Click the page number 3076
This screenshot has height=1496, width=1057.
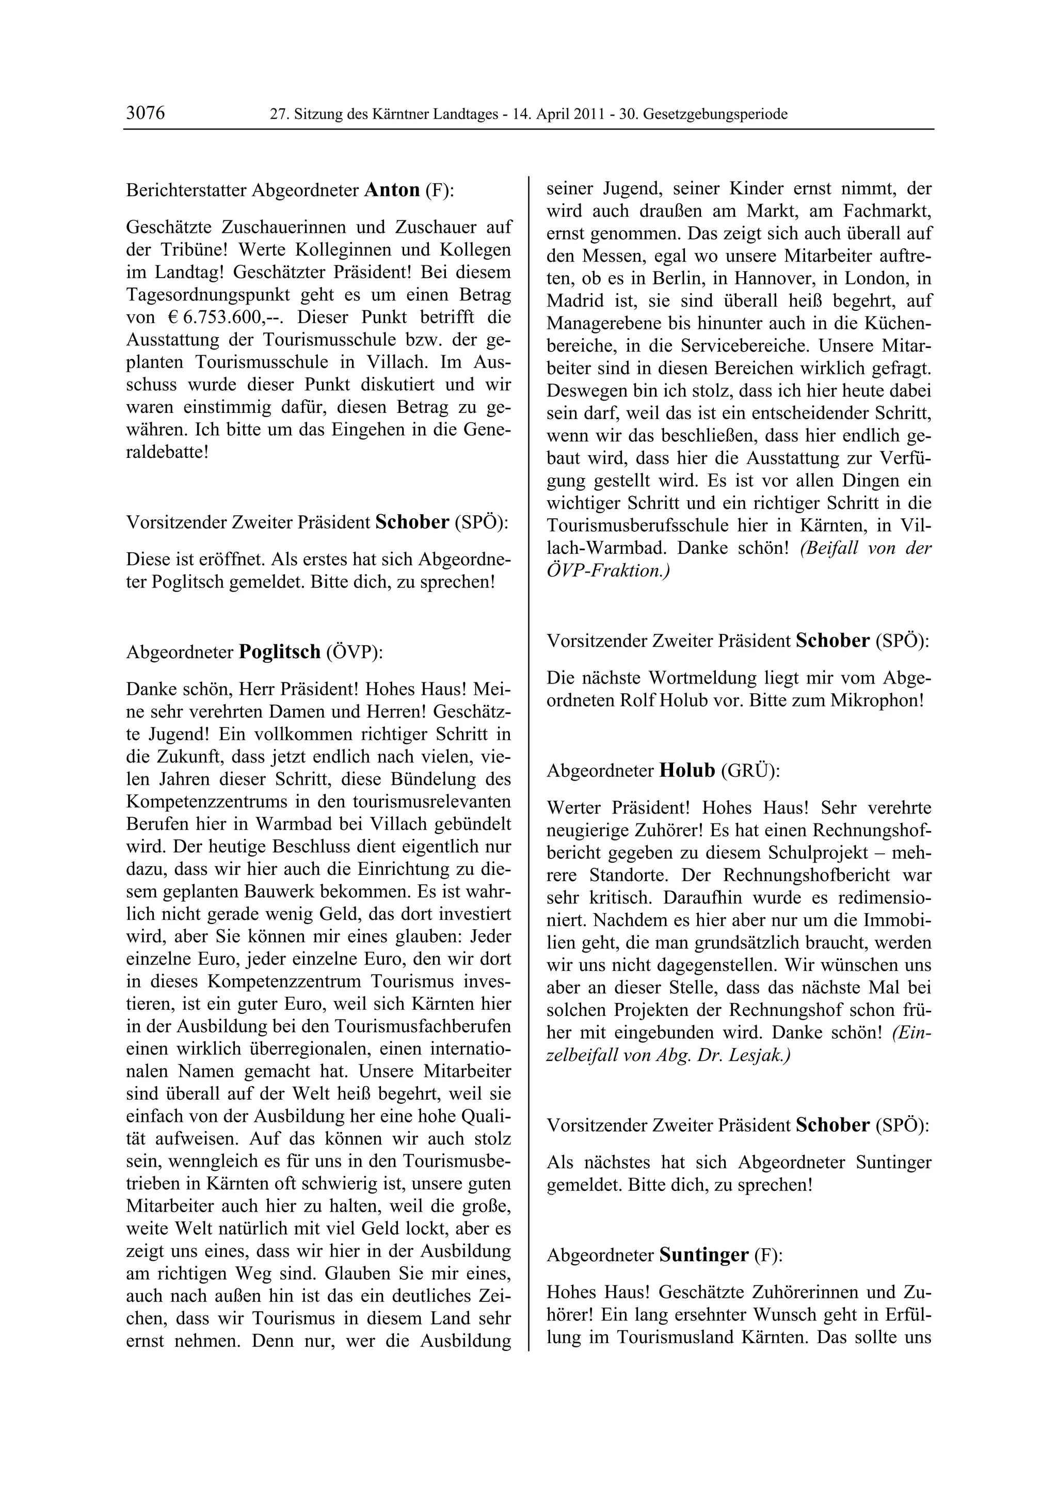[145, 114]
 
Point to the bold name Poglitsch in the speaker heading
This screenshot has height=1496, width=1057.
[280, 651]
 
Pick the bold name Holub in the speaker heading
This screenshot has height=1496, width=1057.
[687, 771]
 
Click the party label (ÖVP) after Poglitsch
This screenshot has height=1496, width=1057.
[354, 651]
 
